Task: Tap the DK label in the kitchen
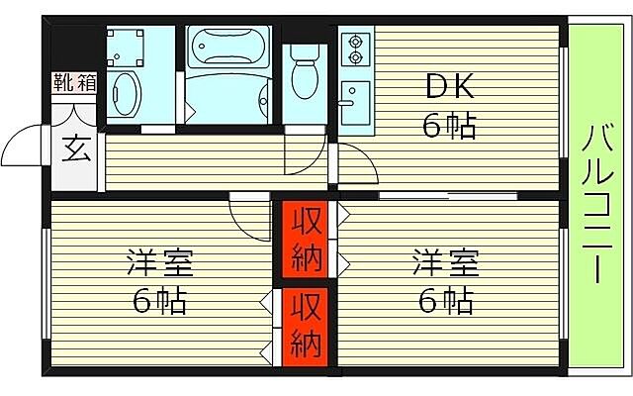449,88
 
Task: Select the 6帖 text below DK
449,126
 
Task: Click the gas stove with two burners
353,46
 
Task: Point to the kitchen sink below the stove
350,97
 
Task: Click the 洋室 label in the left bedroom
159,264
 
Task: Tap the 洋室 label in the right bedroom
445,264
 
